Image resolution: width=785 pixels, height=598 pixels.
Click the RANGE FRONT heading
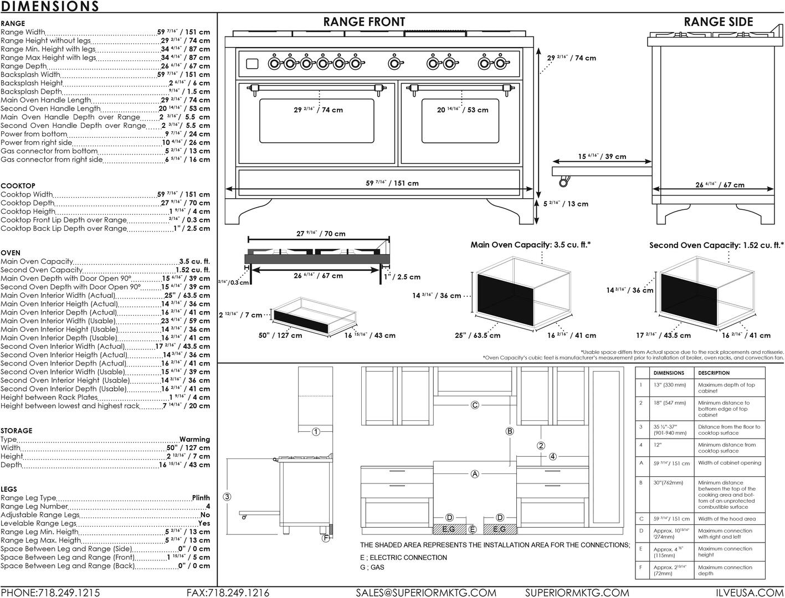pos(364,22)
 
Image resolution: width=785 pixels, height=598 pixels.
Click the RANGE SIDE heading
pos(718,22)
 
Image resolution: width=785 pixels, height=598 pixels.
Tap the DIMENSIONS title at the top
pos(50,7)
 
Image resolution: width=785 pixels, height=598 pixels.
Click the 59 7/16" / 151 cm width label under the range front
pos(392,183)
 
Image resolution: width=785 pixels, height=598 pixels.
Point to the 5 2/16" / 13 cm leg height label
pos(566,204)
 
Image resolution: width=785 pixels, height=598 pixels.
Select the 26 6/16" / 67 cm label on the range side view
pos(720,185)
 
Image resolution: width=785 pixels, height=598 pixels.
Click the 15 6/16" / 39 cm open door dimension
pos(602,157)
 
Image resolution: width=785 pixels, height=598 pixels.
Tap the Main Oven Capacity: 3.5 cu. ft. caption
pos(530,244)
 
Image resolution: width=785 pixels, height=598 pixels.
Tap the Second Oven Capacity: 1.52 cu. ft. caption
pos(716,245)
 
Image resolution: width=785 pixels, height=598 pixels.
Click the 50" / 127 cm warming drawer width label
pos(280,335)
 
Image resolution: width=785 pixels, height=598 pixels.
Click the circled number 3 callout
pos(227,496)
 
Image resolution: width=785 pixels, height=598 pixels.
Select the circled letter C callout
pos(475,405)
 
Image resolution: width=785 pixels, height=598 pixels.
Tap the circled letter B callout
pos(510,431)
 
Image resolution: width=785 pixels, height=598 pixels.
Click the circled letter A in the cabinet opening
pos(475,473)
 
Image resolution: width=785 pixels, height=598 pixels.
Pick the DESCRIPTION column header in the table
pos(714,373)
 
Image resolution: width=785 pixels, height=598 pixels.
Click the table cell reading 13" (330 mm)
pos(669,385)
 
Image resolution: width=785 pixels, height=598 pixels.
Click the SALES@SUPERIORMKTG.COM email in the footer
pos(426,592)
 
